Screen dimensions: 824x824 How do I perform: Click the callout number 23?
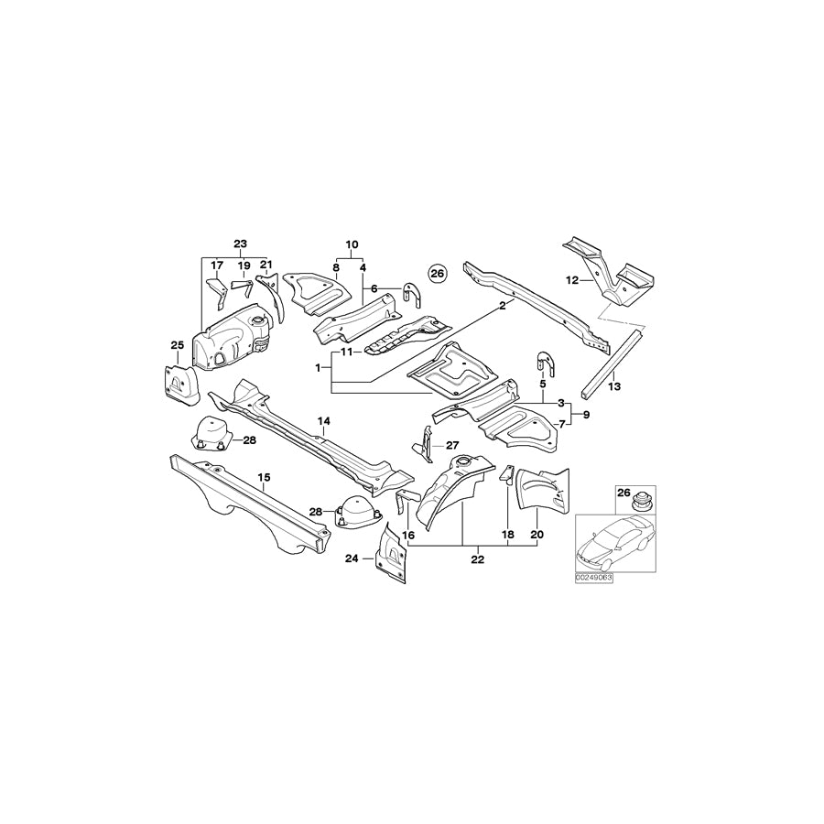[x=240, y=244]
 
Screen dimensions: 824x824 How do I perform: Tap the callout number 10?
[x=350, y=244]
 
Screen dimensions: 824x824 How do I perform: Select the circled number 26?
[x=437, y=273]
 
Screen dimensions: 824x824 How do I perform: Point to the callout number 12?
[x=573, y=279]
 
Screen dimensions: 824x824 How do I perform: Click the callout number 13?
[x=614, y=387]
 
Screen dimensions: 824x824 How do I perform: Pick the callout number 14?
[x=323, y=420]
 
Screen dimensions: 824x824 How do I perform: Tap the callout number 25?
[x=177, y=344]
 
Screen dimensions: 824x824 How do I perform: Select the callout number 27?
[x=451, y=445]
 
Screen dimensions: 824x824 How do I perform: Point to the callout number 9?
[x=586, y=415]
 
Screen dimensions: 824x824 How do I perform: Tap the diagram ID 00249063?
[x=594, y=579]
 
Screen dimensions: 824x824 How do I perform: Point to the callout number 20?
[x=537, y=534]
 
